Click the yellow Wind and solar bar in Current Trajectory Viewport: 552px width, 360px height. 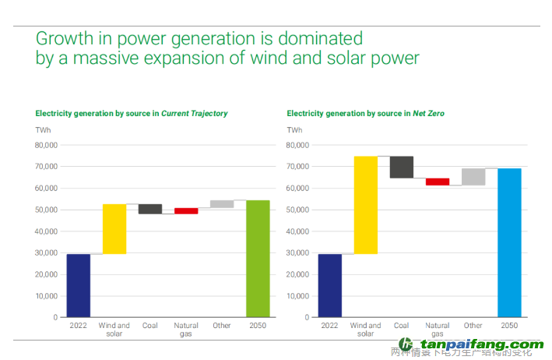coord(114,228)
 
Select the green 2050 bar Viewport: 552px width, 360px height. coord(258,259)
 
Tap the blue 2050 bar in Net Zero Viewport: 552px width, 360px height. coord(509,242)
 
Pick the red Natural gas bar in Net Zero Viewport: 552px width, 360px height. coord(438,182)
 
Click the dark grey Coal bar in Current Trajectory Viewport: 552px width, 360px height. coord(150,209)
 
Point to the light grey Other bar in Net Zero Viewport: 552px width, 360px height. coord(473,177)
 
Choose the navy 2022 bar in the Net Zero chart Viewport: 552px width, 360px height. coord(330,285)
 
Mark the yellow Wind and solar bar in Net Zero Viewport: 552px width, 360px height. coord(366,205)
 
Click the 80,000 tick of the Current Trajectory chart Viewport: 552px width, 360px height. coord(46,145)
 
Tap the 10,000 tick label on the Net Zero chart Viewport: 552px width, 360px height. coord(297,296)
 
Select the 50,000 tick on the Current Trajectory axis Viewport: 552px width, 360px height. coord(46,210)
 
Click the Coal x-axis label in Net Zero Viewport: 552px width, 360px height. coord(402,326)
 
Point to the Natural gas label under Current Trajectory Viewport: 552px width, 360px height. coord(186,330)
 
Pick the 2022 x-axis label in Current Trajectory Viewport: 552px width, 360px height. coord(79,326)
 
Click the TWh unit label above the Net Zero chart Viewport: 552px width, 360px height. coord(294,129)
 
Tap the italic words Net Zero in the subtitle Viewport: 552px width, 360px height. coord(428,114)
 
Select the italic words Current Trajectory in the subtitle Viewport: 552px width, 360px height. coord(195,114)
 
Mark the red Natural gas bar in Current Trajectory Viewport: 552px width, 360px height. coord(186,210)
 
